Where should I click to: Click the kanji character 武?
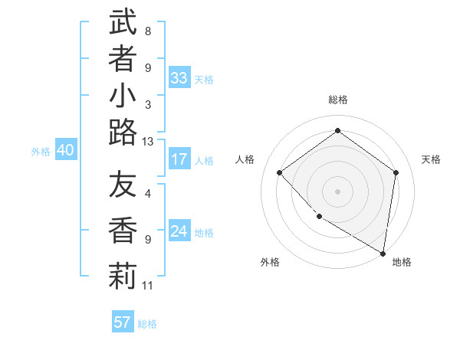(123, 22)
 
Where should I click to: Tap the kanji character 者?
(123, 59)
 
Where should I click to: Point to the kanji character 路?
(123, 133)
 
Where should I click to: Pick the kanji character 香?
(123, 231)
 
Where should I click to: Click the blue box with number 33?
(179, 77)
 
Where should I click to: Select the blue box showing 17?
(179, 159)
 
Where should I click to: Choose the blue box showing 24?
(179, 231)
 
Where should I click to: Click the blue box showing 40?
(65, 151)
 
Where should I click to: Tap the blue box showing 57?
(123, 322)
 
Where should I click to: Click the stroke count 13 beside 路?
(148, 141)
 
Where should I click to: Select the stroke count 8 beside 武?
(148, 31)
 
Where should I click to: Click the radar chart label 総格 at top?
(338, 100)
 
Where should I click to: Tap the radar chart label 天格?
(431, 159)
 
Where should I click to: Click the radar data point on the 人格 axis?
(280, 172)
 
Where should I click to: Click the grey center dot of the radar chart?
(338, 191)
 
